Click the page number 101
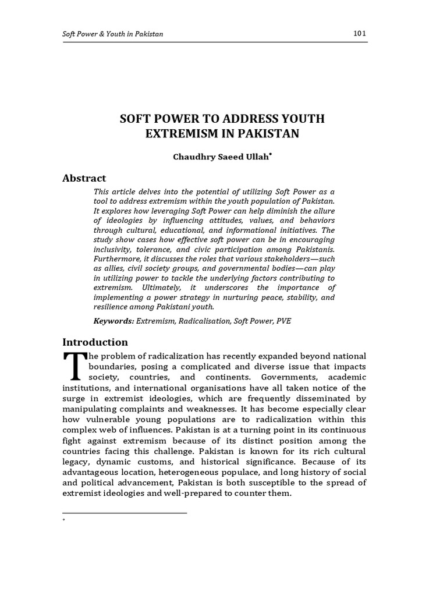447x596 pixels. pos(359,33)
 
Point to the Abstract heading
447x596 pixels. pos(84,178)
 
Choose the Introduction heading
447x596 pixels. pos(95,342)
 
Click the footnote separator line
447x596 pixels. pos(125,513)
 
